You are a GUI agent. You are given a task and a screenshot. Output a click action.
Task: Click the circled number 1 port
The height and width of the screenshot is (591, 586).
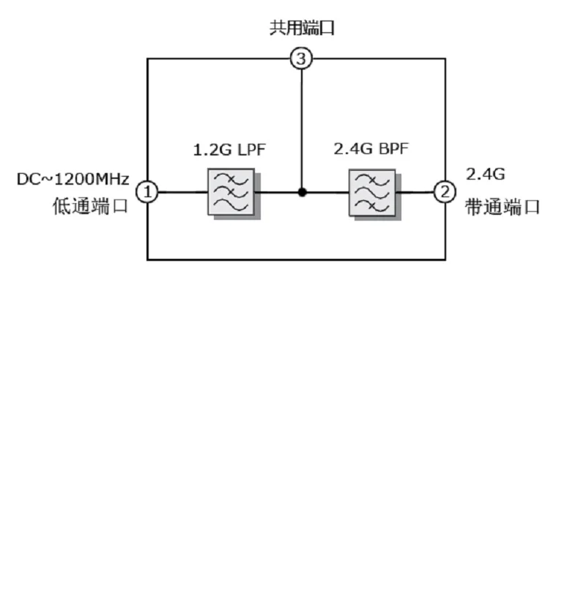pos(148,192)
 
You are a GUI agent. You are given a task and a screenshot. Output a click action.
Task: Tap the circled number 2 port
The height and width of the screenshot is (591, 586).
pos(445,192)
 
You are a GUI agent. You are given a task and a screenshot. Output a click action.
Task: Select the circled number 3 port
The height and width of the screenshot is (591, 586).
pos(301,59)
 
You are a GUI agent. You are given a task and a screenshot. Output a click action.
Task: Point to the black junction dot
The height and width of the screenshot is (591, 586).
pos(301,193)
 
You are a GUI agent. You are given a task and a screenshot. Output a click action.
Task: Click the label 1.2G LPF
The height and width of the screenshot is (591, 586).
pos(229,150)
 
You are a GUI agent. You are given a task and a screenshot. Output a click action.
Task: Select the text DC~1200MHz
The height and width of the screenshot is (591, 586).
pos(73,179)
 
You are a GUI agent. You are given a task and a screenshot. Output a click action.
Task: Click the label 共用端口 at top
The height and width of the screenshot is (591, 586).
pos(302,29)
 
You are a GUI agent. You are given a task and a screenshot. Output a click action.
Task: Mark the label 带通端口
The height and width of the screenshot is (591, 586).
pos(502,207)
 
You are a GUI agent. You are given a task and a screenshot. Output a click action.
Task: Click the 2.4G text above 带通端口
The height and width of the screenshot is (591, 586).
pos(485,175)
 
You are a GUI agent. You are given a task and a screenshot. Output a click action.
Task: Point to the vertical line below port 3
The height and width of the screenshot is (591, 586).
pos(301,125)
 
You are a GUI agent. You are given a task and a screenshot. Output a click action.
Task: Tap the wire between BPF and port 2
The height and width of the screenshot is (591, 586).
pos(415,193)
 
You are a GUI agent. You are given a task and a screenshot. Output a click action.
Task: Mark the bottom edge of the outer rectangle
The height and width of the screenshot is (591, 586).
pos(296,259)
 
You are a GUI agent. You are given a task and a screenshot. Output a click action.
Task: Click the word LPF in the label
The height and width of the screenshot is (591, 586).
pos(250,150)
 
